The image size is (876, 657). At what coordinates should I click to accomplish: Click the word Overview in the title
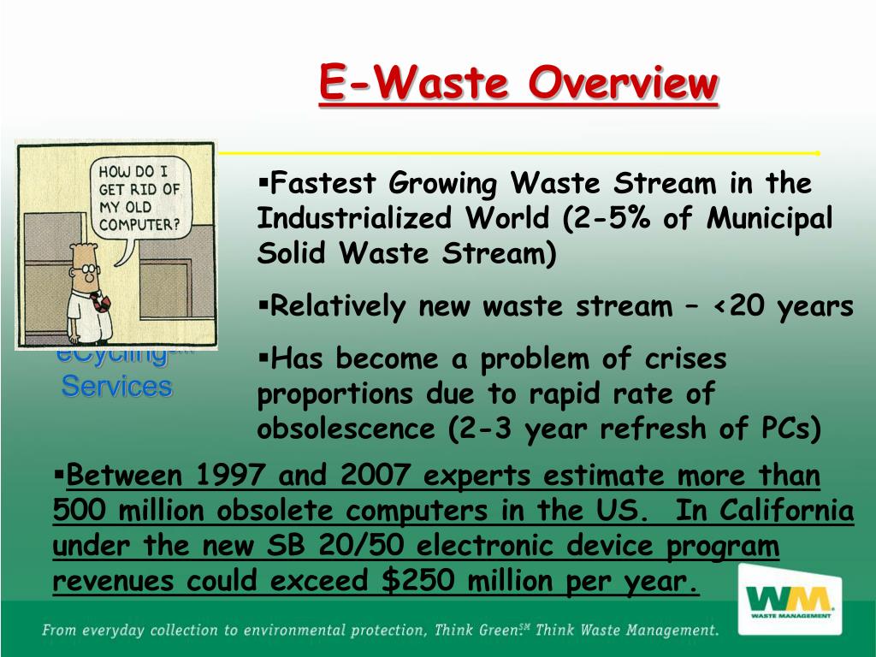coord(623,83)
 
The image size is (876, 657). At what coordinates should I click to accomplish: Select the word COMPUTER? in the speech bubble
coord(139,225)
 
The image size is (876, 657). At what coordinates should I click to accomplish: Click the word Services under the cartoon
coord(116,387)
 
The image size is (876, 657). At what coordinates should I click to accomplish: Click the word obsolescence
coord(346,429)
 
